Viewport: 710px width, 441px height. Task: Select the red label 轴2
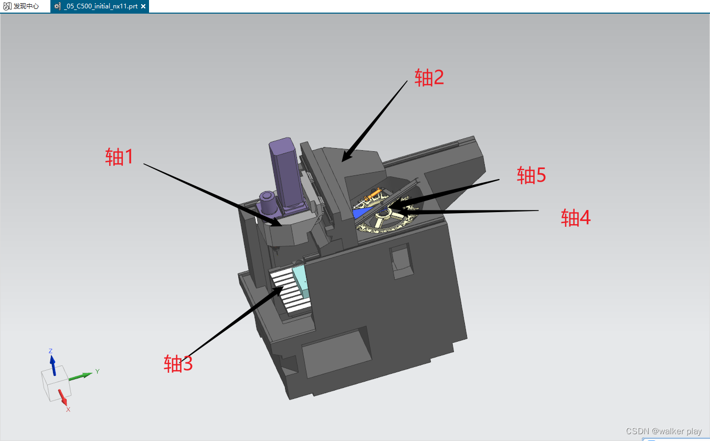[x=429, y=78]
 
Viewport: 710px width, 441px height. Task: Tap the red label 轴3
[x=178, y=363]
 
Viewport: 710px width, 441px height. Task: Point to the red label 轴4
[x=576, y=218]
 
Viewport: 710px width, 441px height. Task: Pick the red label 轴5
[x=531, y=175]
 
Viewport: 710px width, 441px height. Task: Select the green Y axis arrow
[x=80, y=376]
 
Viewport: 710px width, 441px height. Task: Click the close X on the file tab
[x=143, y=6]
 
